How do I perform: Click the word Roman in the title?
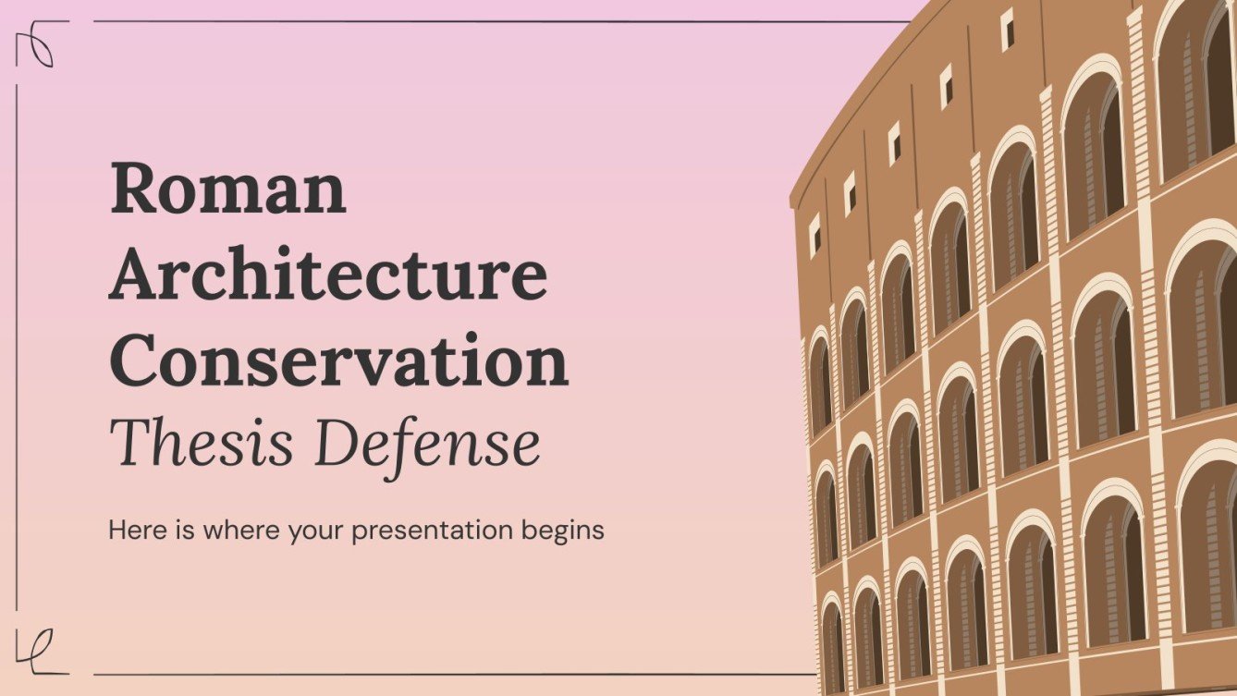(x=227, y=189)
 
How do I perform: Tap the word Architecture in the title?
(x=328, y=275)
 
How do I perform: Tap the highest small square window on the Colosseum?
(x=1007, y=29)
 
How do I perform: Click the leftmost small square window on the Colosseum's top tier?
(x=815, y=235)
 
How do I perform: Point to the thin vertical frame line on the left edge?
(x=18, y=351)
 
